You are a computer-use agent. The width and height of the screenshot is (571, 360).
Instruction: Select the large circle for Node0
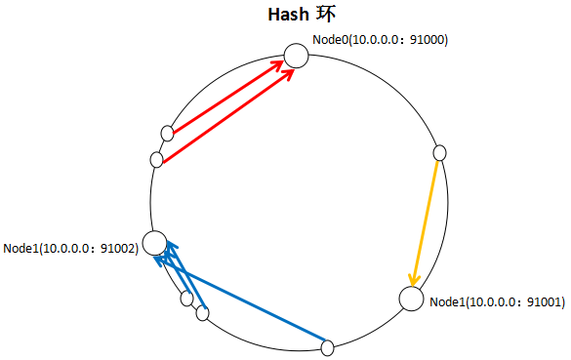click(296, 56)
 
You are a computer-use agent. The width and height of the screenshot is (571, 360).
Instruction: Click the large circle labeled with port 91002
click(155, 243)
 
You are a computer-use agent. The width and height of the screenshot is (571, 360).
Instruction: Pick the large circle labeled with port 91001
click(411, 300)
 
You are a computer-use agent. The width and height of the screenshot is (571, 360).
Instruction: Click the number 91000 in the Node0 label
click(427, 40)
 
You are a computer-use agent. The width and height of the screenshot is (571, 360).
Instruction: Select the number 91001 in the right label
click(544, 302)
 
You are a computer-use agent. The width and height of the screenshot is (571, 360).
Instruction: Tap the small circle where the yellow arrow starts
click(439, 152)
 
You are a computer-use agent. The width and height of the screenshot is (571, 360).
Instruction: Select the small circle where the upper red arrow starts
click(168, 133)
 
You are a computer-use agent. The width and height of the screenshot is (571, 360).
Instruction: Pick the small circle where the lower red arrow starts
click(157, 159)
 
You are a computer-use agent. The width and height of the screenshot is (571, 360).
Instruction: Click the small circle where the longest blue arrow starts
click(328, 346)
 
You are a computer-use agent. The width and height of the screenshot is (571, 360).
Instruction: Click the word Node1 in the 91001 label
click(447, 302)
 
